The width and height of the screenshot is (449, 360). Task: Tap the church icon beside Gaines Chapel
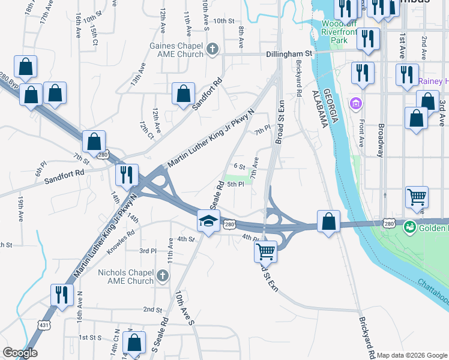(211, 49)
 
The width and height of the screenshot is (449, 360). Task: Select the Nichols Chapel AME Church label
(125, 277)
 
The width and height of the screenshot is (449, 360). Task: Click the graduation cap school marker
(208, 222)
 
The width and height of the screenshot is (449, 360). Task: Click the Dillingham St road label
(290, 53)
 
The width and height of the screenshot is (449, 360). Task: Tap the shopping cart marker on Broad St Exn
(265, 251)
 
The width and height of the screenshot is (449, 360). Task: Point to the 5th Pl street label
(235, 184)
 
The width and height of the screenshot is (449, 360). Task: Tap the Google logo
(20, 353)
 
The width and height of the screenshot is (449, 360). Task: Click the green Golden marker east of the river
(410, 227)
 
